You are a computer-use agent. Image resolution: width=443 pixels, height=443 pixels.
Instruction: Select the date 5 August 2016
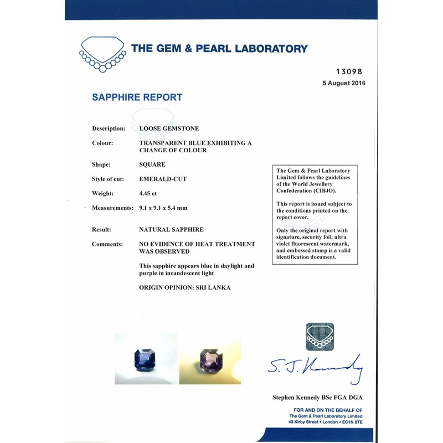343,83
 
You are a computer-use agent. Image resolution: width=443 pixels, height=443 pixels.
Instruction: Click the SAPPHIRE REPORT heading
137,97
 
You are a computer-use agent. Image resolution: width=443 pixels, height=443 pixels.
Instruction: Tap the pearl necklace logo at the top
102,53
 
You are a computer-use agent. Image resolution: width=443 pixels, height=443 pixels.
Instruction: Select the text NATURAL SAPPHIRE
171,229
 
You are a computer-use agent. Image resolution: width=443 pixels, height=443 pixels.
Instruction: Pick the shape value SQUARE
152,164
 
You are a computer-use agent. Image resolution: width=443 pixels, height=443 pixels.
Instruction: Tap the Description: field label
109,128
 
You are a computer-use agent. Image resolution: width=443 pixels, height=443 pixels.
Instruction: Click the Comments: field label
107,244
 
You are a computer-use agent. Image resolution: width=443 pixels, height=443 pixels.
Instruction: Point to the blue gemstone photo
146,358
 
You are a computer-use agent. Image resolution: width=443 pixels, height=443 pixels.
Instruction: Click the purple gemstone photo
210,358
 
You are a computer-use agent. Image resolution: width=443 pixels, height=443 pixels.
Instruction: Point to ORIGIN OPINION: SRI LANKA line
185,288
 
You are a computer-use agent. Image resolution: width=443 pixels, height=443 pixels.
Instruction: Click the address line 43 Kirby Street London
326,423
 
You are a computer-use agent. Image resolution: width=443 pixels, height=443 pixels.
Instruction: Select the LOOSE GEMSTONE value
169,128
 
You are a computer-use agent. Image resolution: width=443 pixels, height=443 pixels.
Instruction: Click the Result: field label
101,229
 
